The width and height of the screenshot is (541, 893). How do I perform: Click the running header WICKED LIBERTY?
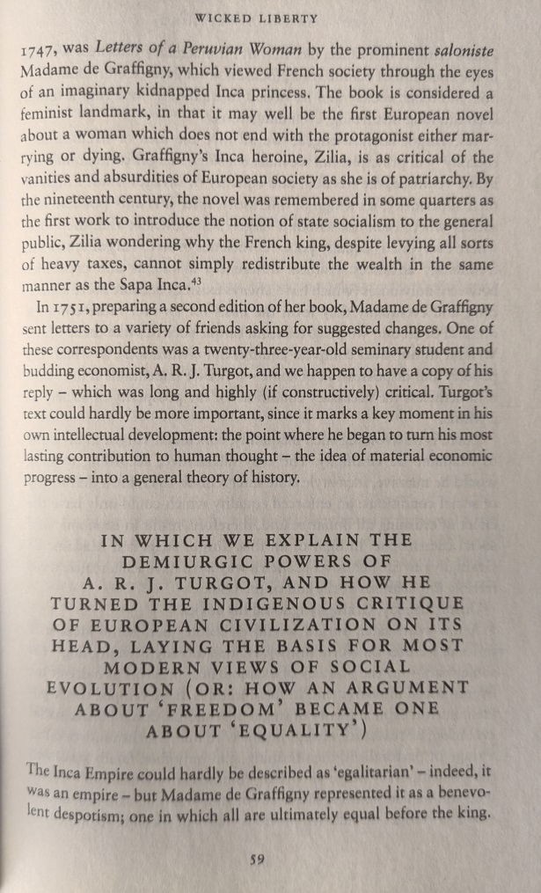click(269, 18)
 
